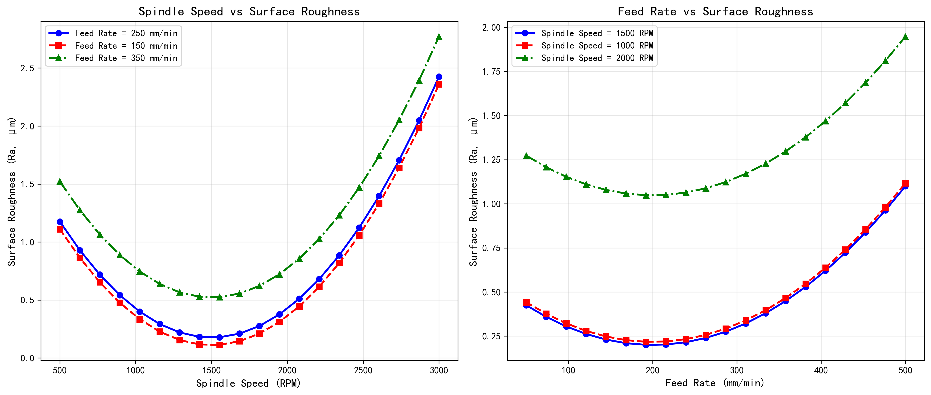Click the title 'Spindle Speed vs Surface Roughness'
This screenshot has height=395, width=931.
tap(249, 12)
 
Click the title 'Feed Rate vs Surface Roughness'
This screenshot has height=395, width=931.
tap(715, 12)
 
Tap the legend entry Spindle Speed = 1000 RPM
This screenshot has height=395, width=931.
tap(597, 46)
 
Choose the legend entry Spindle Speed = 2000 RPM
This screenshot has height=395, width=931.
tap(597, 58)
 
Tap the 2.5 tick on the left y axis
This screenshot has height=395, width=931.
tap(27, 68)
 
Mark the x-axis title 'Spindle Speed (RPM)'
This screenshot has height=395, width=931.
tap(249, 383)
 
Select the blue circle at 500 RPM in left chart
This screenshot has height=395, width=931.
tap(60, 222)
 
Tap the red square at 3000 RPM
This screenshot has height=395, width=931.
tap(439, 84)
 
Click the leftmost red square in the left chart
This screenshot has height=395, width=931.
tap(60, 229)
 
